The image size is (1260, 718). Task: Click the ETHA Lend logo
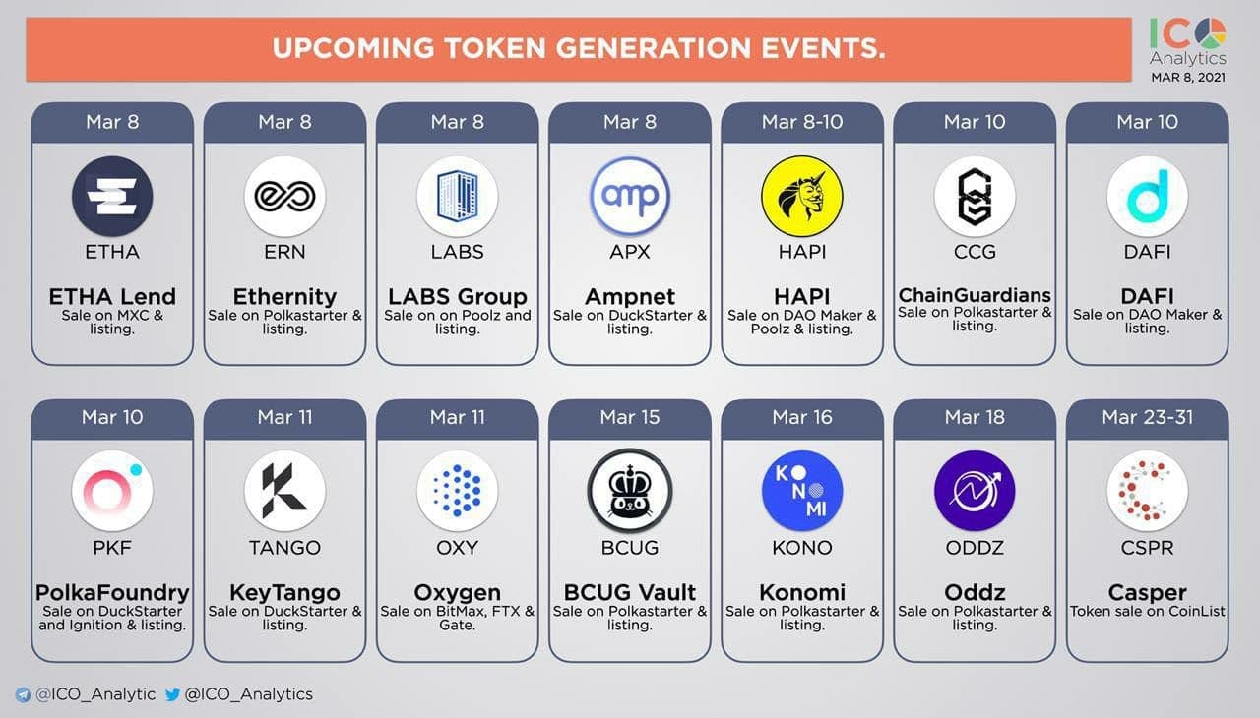(112, 196)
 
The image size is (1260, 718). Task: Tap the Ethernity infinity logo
(284, 196)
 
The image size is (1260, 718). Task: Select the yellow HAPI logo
(802, 196)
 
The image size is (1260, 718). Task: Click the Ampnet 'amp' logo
(630, 196)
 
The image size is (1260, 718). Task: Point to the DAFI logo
(1148, 196)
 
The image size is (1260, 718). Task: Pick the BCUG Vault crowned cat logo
(630, 491)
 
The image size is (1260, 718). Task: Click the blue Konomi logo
(802, 491)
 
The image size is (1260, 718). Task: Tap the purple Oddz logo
(975, 491)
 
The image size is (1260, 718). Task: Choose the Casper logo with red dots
(1148, 491)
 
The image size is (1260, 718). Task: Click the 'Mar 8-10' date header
(802, 122)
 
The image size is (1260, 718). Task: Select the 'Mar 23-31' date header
(1148, 417)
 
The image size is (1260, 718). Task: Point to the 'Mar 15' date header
(630, 417)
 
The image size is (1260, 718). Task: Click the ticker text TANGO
(284, 547)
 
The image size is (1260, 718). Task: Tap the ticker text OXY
(458, 547)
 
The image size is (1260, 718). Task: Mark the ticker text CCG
(975, 252)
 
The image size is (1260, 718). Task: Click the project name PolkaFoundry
(112, 592)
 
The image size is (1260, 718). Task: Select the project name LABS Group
(458, 296)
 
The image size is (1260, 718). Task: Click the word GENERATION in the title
(654, 48)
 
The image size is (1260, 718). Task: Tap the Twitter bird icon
(172, 695)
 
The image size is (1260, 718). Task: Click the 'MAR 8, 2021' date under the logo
(1188, 78)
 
